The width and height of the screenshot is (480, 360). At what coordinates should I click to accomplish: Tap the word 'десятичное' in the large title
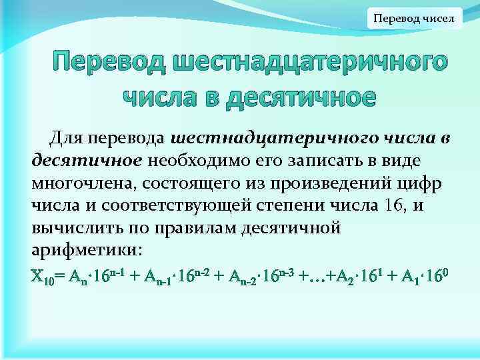pos(303,97)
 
